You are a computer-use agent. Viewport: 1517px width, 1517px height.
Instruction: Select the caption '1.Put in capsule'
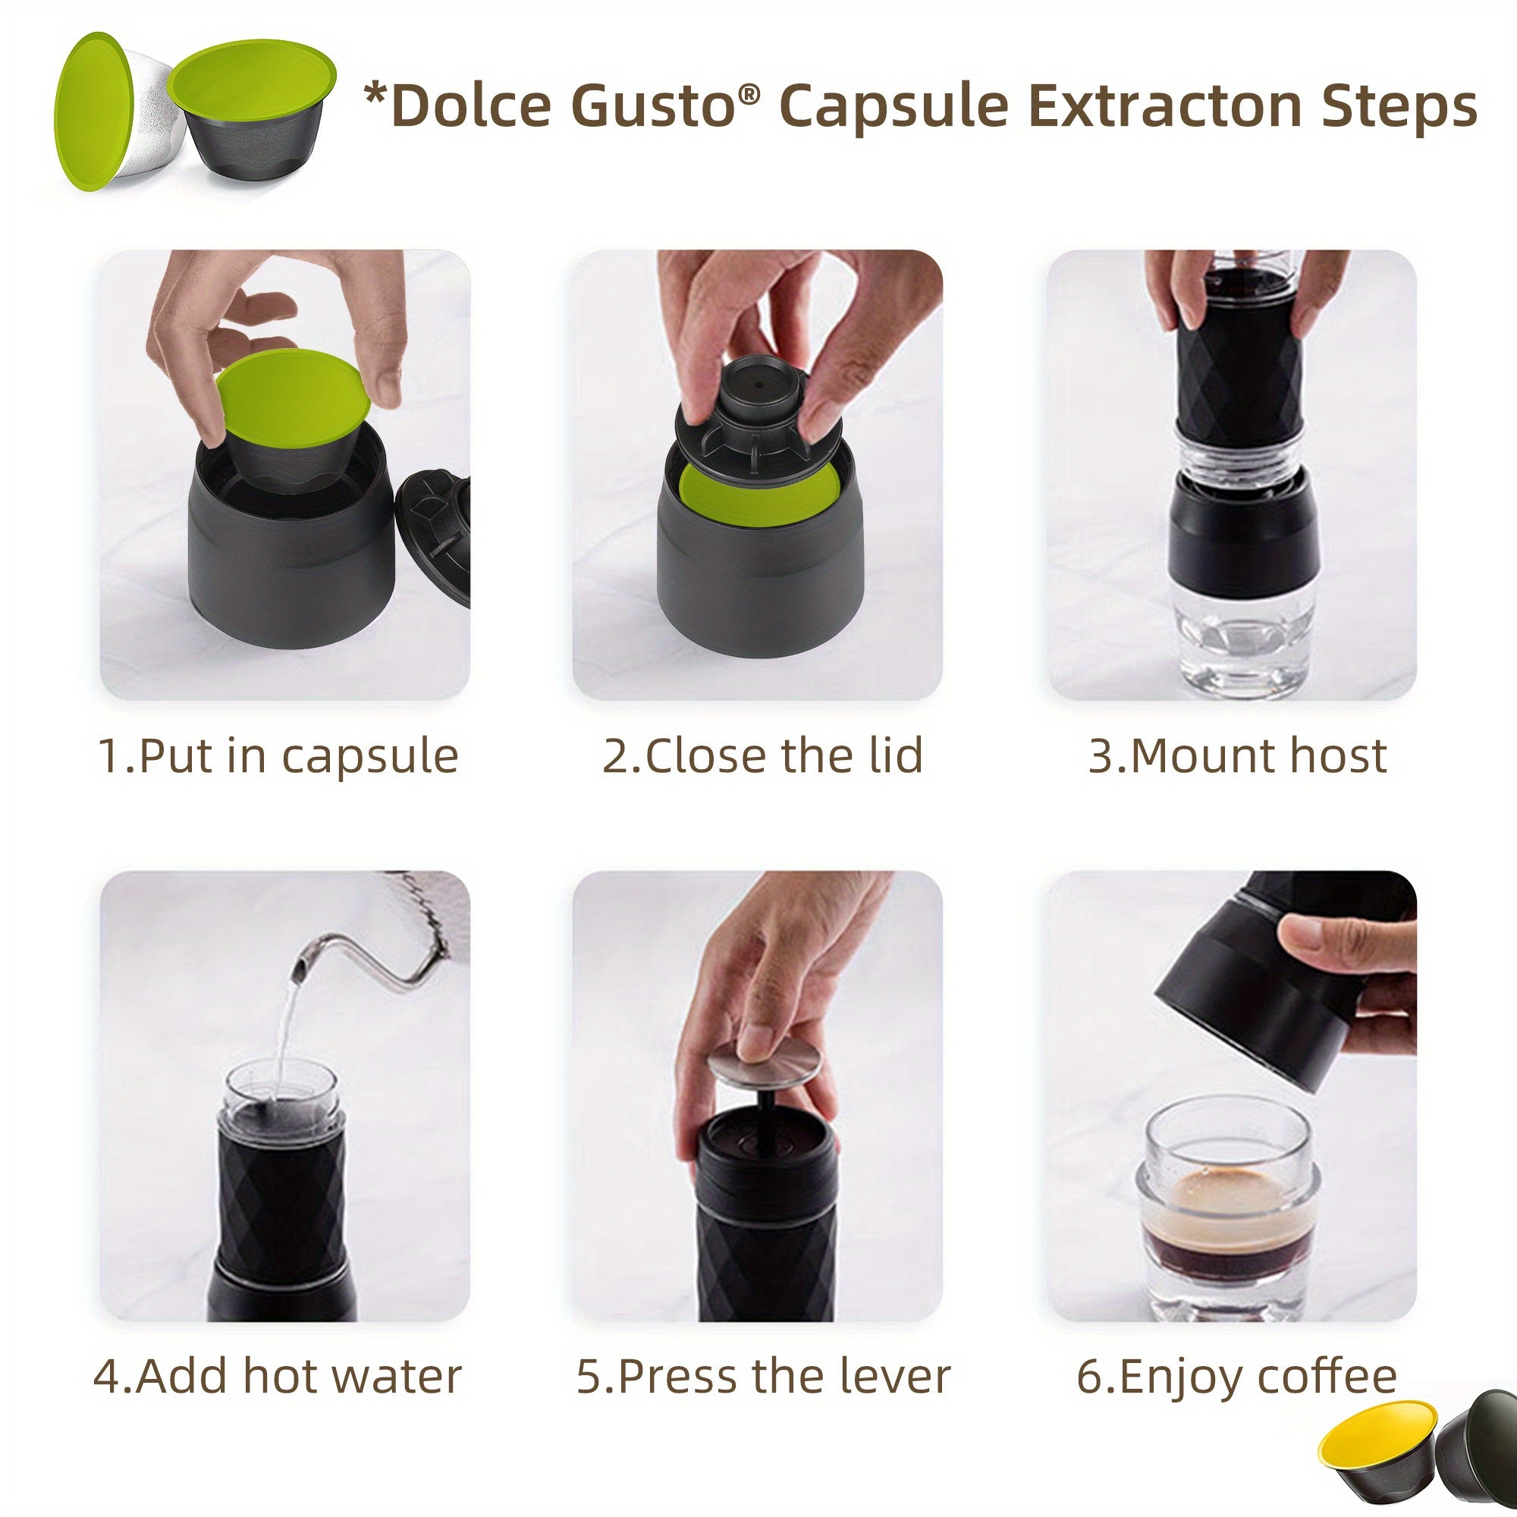click(x=278, y=756)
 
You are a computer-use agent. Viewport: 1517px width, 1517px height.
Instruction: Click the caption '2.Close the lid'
click(x=762, y=755)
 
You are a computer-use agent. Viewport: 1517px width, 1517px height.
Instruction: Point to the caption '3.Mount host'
click(x=1237, y=755)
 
